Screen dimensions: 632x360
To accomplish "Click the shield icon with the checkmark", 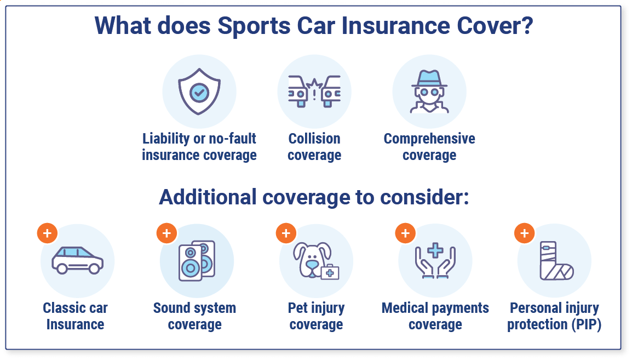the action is [199, 92].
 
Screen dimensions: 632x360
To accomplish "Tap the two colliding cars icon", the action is [314, 92].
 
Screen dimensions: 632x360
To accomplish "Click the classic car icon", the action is [77, 260].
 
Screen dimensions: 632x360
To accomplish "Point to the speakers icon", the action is [197, 261].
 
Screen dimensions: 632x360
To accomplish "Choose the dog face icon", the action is [316, 260].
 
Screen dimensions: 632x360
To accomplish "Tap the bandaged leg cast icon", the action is [556, 261].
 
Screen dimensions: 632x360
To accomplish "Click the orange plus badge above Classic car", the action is [47, 233].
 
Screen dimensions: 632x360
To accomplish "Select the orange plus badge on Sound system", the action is [166, 233].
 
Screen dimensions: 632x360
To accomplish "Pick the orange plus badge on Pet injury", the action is [286, 233].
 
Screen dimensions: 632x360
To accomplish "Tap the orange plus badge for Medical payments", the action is [405, 233].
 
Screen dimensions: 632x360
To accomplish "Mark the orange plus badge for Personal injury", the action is [524, 233].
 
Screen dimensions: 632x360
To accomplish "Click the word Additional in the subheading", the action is [208, 197].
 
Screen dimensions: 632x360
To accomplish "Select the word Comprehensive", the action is [429, 139].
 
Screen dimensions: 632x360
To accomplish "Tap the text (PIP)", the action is [587, 324].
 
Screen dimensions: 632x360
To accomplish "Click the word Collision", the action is [314, 138].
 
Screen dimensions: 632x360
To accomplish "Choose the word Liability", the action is [165, 139].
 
